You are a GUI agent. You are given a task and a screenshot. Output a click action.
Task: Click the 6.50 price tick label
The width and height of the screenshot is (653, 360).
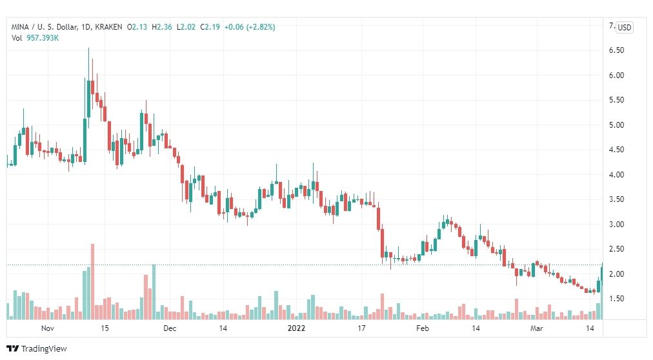[616, 50]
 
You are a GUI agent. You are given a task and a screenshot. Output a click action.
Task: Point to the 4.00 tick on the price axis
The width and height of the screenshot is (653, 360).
[616, 175]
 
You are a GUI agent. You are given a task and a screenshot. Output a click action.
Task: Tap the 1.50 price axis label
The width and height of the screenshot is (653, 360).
[616, 299]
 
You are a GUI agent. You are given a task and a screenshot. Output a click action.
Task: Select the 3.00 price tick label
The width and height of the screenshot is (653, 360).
[616, 225]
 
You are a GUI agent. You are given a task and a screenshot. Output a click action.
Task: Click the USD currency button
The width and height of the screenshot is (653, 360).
[624, 28]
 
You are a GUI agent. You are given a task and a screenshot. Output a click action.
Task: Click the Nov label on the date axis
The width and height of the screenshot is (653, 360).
[48, 328]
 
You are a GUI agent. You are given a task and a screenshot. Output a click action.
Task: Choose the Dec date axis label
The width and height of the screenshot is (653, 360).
[170, 328]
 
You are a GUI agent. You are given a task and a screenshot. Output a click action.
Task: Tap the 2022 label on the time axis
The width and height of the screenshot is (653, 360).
[296, 328]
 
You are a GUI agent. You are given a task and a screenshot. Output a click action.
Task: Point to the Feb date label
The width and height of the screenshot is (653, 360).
[422, 328]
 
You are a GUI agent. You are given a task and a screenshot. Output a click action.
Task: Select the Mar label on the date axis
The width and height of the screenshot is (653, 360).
[536, 328]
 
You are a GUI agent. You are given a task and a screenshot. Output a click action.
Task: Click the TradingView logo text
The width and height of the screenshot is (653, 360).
[44, 349]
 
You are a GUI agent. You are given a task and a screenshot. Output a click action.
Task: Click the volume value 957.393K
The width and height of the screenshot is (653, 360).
[43, 38]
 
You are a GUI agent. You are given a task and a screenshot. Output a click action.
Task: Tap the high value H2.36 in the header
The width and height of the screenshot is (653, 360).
[161, 27]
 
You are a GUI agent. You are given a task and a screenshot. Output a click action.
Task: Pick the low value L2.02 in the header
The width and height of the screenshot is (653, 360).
[186, 27]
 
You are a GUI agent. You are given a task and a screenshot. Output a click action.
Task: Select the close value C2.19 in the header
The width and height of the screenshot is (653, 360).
[210, 27]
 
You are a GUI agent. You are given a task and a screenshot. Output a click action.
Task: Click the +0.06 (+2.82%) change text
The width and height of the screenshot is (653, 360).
[250, 27]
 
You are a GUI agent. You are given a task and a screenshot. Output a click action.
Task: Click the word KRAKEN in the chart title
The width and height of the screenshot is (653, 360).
[108, 27]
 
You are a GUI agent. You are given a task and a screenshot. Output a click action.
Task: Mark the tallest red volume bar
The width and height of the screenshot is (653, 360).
[92, 282]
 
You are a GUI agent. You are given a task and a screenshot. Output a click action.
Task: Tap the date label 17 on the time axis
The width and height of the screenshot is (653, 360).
[361, 328]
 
